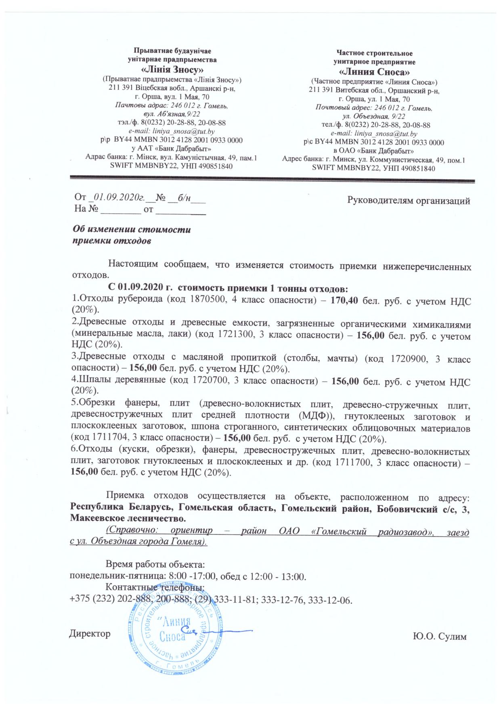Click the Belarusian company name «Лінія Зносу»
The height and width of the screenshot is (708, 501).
point(172,69)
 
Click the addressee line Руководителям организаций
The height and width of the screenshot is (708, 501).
point(409,201)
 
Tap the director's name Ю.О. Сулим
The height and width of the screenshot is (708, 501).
point(440,637)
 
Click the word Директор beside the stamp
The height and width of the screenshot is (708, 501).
point(90,633)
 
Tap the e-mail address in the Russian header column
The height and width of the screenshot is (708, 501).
point(374,133)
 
